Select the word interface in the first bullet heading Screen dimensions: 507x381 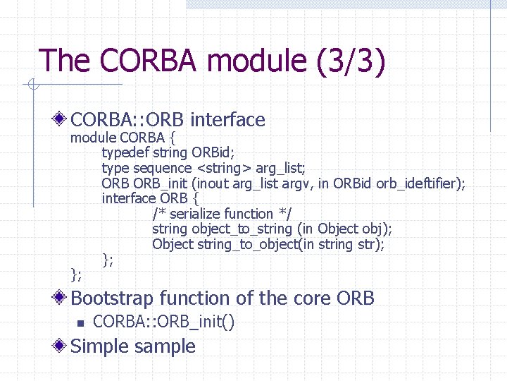coord(227,120)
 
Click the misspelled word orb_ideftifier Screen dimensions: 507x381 coord(420,183)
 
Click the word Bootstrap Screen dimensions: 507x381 coord(113,298)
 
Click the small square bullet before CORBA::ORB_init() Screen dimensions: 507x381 coord(80,323)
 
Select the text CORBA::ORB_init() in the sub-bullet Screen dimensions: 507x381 coord(164,322)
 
